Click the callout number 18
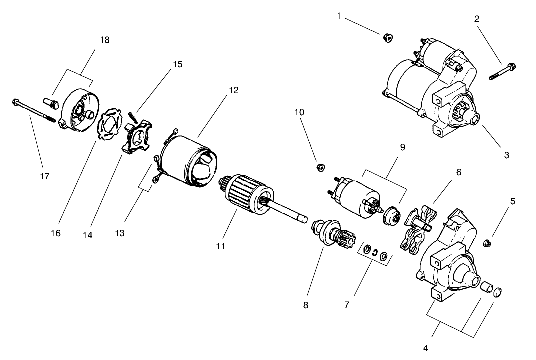click(105, 40)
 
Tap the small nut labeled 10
click(319, 167)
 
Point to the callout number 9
click(402, 148)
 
